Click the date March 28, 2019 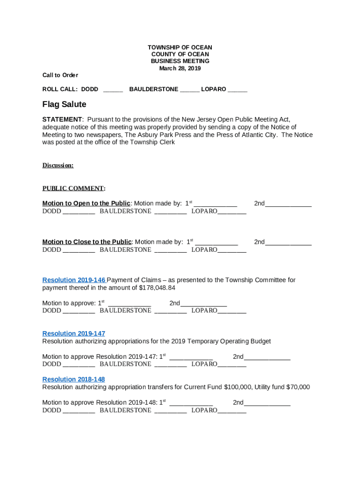click(180, 68)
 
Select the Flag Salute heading click(64, 104)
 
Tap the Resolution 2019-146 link click(74, 280)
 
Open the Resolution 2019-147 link click(74, 334)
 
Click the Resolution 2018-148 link click(74, 379)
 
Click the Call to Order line click(60, 75)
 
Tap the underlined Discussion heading click(58, 165)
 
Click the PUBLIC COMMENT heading click(73, 189)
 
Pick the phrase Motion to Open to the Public click(86, 203)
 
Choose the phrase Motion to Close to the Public click(87, 242)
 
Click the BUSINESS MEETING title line click(180, 61)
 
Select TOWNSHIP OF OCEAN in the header click(180, 48)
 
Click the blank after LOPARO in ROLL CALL click(238, 89)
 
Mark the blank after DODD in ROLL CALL click(113, 89)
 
